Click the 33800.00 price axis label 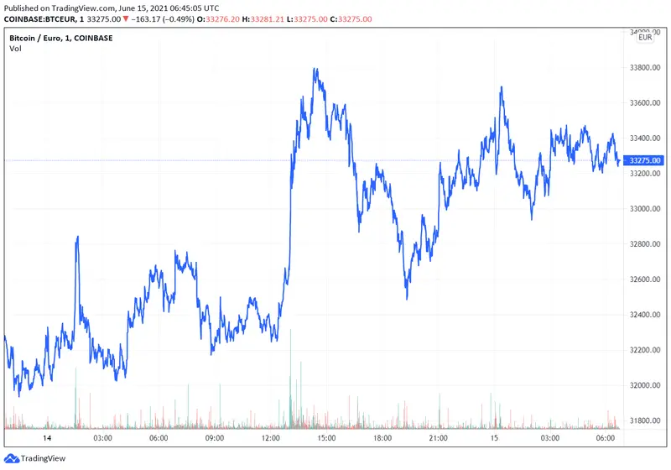pos(646,67)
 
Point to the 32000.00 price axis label pos(646,385)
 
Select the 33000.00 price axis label pos(646,209)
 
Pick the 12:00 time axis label pos(270,438)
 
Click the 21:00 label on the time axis pos(438,438)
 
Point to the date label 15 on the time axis pos(494,438)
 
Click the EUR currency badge pos(645,38)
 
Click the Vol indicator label pos(15,49)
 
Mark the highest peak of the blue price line pos(315,70)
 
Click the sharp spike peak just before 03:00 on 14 pos(77,238)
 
